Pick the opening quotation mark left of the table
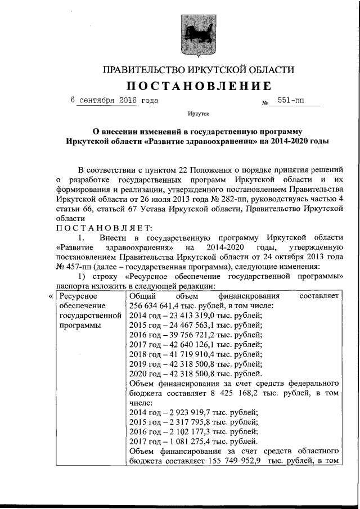51,296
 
